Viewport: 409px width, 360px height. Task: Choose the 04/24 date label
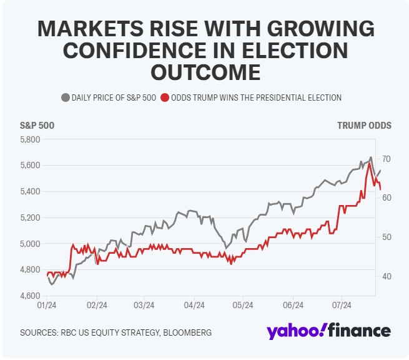tap(194, 306)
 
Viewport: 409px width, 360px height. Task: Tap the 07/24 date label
tap(342, 306)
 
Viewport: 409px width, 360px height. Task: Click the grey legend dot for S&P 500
tap(65, 97)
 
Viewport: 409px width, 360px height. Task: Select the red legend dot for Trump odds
tap(164, 97)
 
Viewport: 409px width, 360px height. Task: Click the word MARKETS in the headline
tap(89, 29)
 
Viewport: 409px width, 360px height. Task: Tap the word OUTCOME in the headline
tap(204, 72)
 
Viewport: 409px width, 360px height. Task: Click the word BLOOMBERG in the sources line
tap(185, 332)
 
